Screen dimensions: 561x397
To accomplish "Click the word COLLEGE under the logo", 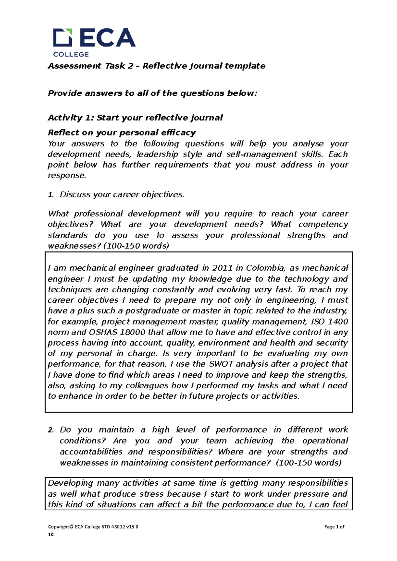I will click(71, 54).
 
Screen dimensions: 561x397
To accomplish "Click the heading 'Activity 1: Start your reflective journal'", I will click(135, 118).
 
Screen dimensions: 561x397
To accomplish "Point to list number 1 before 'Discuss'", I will click(51, 195).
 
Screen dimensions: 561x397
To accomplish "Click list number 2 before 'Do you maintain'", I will click(51, 430).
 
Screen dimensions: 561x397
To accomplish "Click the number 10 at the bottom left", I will click(51, 535).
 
